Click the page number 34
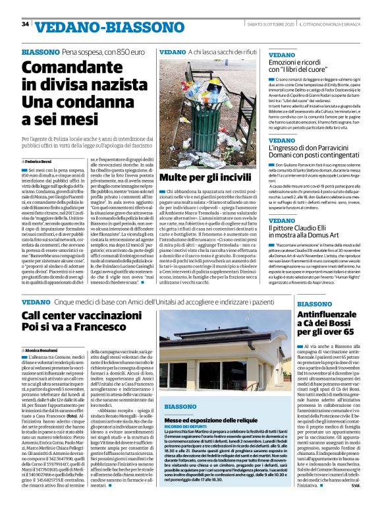(x=26, y=24)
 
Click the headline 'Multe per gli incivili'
(x=202, y=178)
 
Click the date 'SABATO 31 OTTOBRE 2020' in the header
(x=268, y=25)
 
